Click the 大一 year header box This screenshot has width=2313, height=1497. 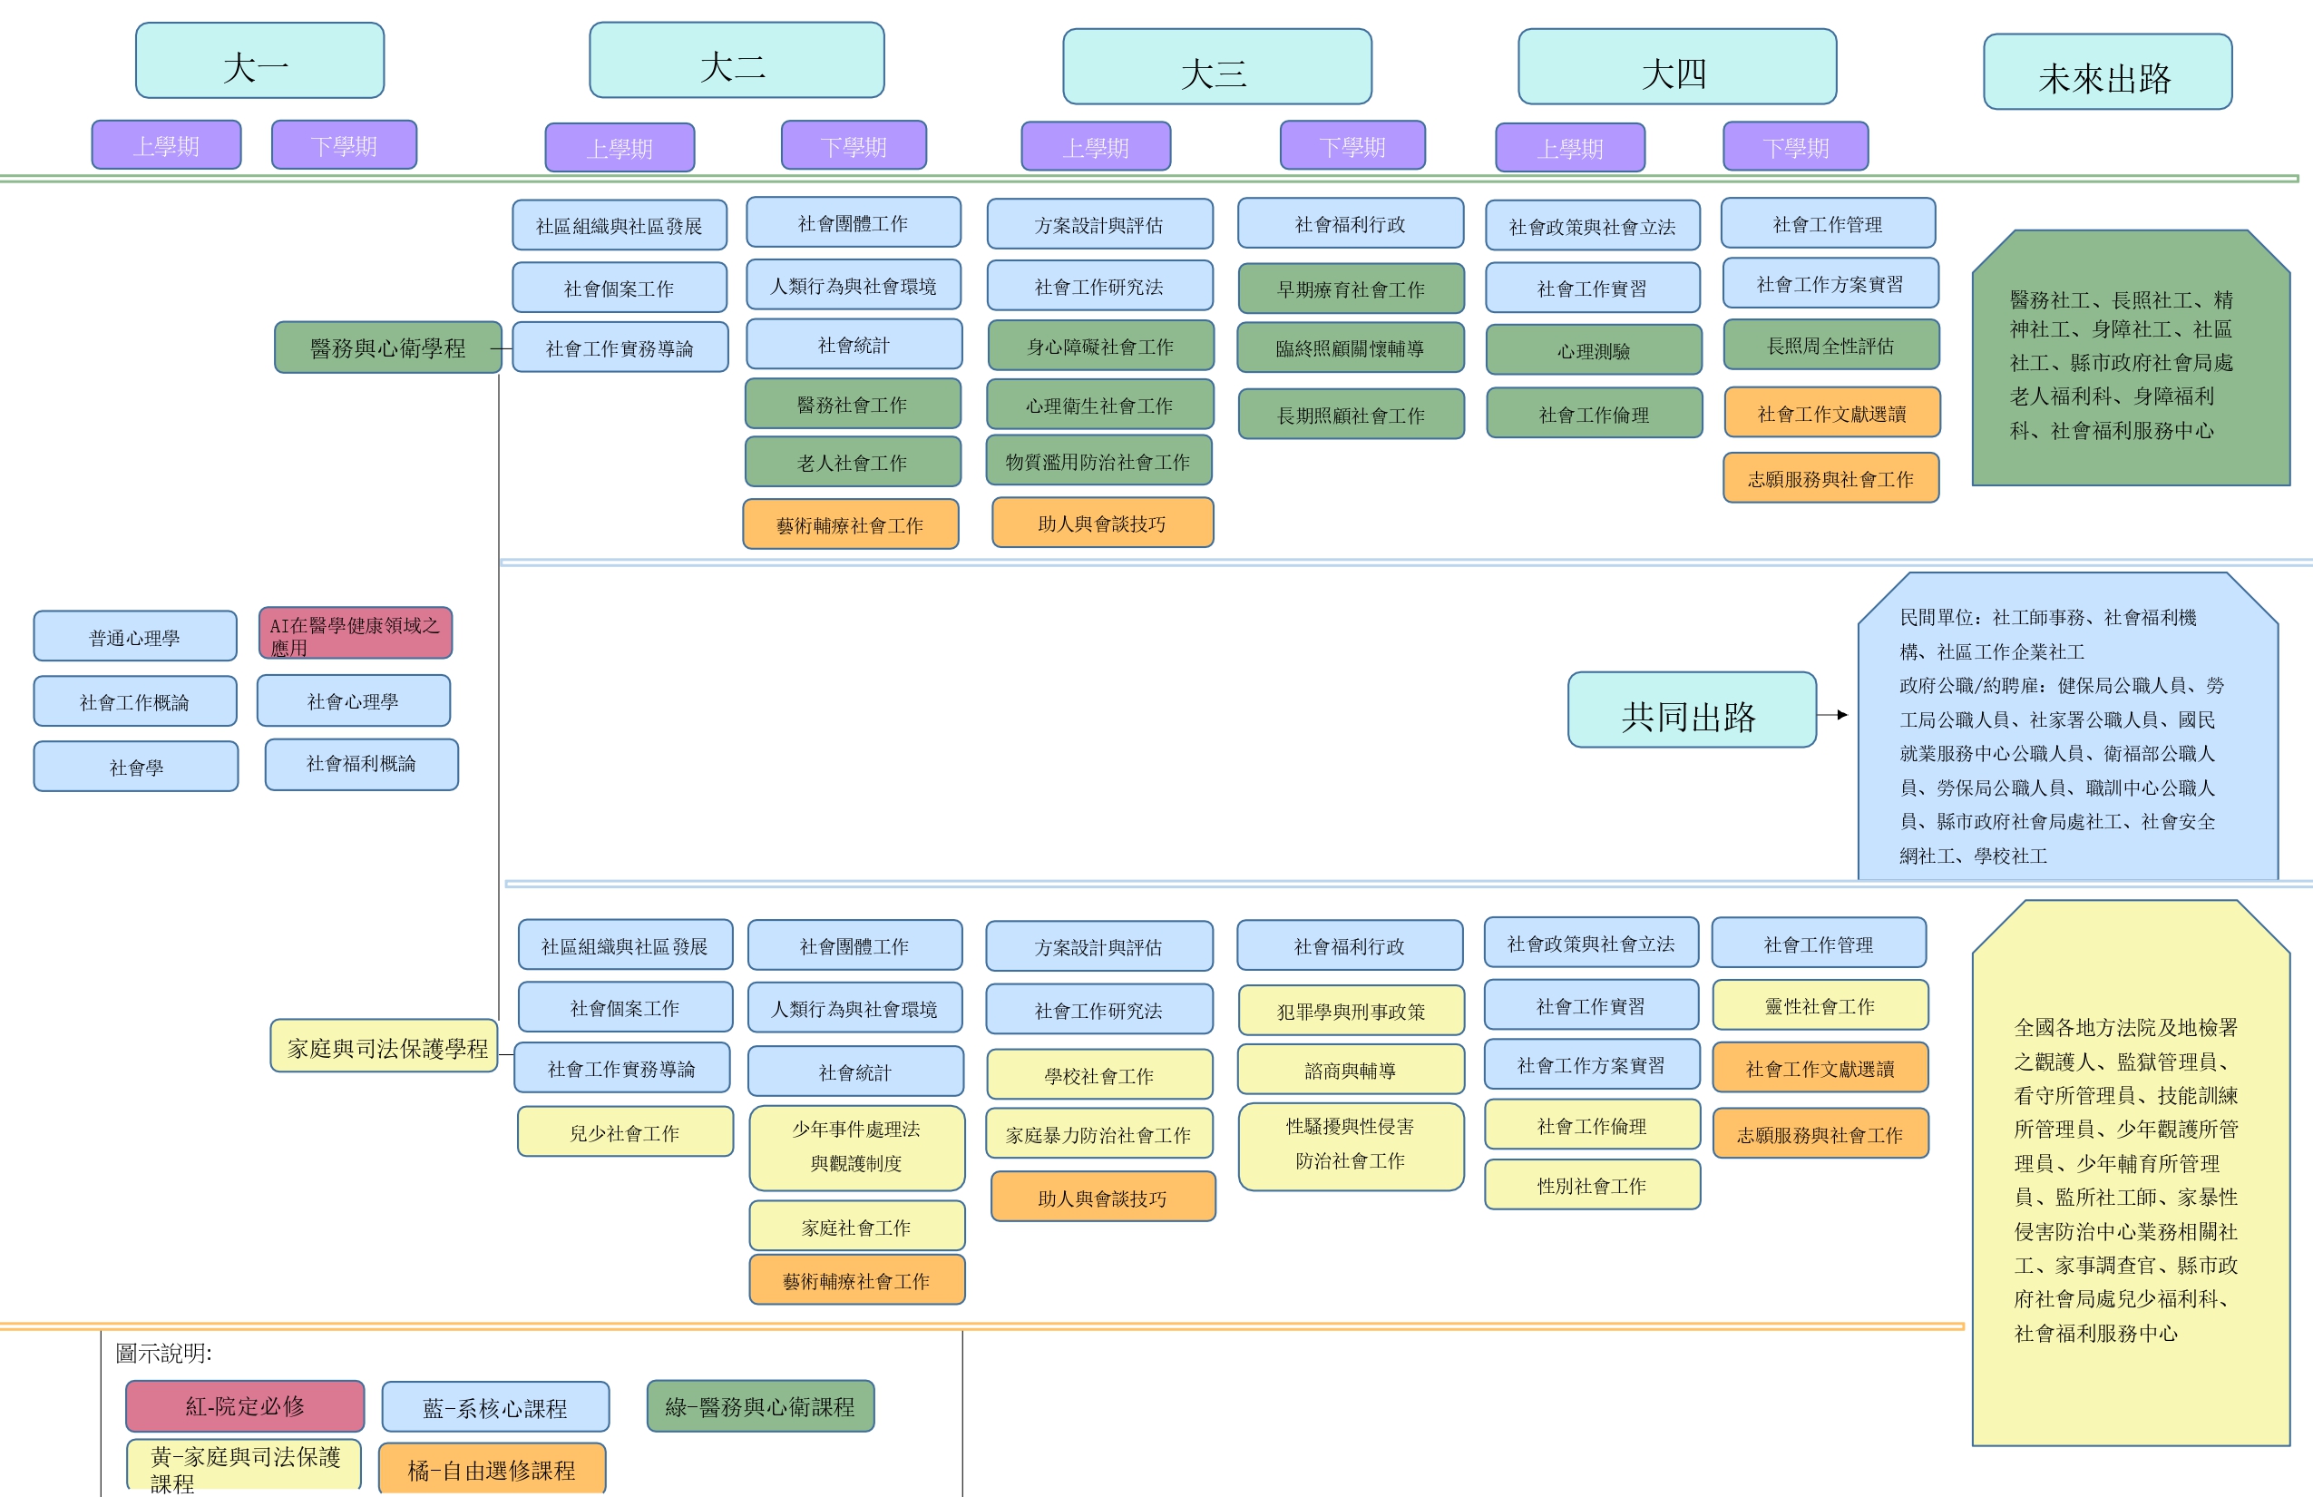pos(259,60)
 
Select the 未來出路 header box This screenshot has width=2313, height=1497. pos(2107,72)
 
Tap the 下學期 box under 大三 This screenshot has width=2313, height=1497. pos(1352,145)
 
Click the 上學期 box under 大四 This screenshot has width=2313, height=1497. pos(1569,148)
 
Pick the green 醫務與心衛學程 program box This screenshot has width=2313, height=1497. pos(388,347)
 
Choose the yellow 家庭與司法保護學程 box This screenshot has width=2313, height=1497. pos(384,1046)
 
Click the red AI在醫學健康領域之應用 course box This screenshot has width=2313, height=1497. pos(356,633)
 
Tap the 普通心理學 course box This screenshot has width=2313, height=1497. pos(135,636)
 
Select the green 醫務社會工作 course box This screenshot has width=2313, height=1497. pos(853,404)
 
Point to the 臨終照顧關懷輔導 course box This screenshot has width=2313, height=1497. pos(1350,347)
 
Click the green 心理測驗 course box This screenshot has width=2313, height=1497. pos(1594,350)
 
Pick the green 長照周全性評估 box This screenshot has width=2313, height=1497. pos(1831,345)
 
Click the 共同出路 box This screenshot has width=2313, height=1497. pos(1691,709)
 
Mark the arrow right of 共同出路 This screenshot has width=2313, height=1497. pos(1833,715)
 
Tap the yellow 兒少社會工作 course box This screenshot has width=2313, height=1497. pos(625,1131)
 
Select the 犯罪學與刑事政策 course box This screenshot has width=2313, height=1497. pos(1351,1010)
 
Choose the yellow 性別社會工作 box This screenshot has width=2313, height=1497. pos(1592,1184)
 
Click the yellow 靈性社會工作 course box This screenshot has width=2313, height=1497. pos(1820,1005)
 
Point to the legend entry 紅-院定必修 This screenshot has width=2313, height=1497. pos(245,1405)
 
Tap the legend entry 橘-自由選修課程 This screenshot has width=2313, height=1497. pos(492,1468)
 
